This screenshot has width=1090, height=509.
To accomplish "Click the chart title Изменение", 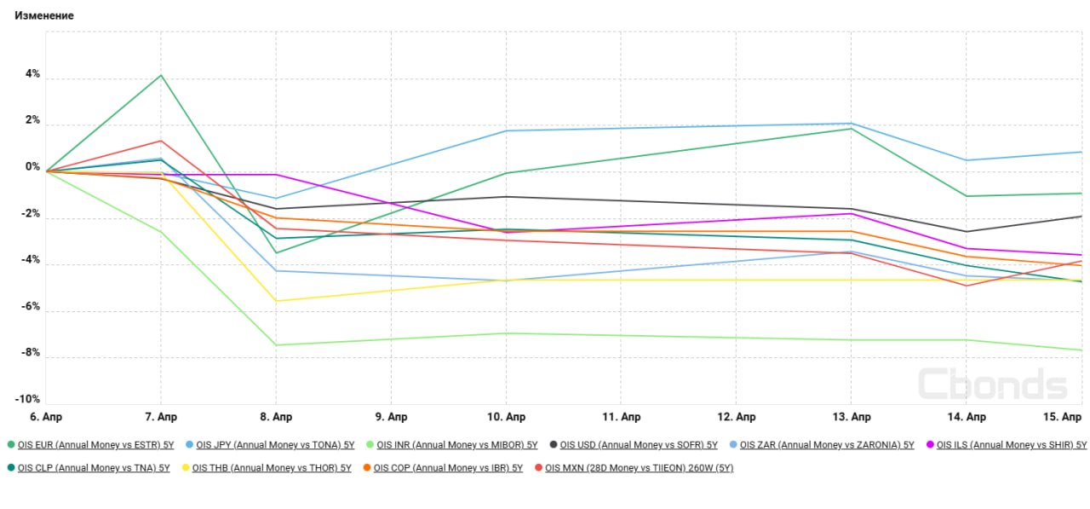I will (x=44, y=15).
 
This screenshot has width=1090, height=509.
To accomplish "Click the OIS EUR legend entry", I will (x=93, y=445).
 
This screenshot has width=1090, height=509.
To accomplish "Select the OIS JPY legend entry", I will (x=274, y=445).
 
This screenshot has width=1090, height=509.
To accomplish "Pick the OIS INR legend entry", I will (x=456, y=445).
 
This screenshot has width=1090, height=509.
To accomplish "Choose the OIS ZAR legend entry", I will (x=827, y=445).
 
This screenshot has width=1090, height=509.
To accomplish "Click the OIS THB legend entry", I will (x=271, y=468).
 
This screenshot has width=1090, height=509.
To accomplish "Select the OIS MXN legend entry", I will (x=639, y=468).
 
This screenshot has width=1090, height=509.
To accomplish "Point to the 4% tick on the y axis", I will (x=32, y=74).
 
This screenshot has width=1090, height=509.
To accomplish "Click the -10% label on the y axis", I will (x=27, y=399).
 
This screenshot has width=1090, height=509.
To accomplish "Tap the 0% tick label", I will (x=32, y=167).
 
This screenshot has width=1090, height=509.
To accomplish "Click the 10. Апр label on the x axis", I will (x=506, y=417).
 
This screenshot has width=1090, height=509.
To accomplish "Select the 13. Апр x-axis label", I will (x=851, y=417).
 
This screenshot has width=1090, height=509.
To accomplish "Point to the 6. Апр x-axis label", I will (x=46, y=417).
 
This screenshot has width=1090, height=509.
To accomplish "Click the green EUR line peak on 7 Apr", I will (x=161, y=75).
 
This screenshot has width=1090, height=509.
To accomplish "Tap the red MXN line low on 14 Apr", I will (x=967, y=286).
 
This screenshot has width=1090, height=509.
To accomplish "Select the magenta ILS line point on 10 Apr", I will (x=506, y=232).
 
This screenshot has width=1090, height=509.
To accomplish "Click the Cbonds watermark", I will (x=992, y=384).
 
